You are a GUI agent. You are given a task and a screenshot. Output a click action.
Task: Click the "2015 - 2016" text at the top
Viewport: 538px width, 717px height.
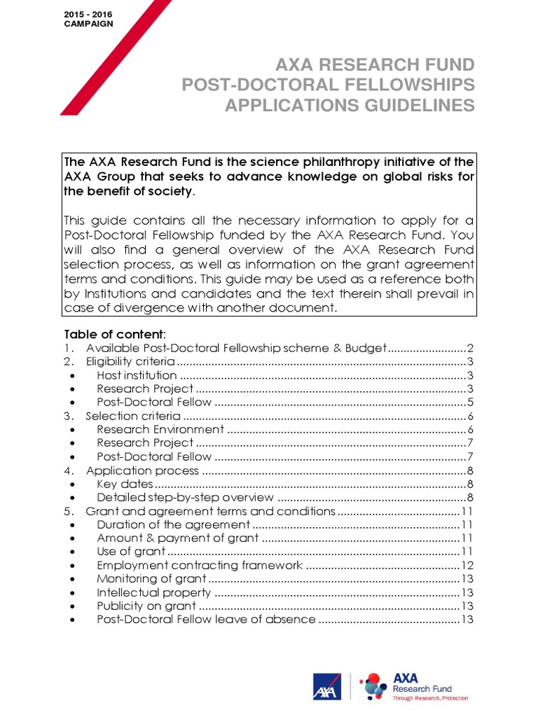click(x=88, y=14)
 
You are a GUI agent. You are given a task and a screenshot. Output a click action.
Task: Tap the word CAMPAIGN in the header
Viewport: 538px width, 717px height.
click(x=88, y=23)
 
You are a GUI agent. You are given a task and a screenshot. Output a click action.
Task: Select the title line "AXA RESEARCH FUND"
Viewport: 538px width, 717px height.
click(x=375, y=66)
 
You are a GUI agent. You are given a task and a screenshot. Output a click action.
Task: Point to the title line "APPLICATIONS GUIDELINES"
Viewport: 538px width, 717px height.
click(x=349, y=106)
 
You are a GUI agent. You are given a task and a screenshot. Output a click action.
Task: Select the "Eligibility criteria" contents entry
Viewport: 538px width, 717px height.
click(x=130, y=361)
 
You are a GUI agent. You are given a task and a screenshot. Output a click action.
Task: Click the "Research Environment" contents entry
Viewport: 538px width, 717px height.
click(x=160, y=429)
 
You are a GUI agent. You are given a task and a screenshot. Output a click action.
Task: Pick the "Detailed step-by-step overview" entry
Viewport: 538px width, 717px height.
click(x=185, y=497)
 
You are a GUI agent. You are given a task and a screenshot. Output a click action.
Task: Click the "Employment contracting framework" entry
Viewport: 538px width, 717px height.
click(x=200, y=565)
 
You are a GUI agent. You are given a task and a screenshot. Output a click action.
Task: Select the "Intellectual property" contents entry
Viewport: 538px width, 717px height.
click(x=152, y=592)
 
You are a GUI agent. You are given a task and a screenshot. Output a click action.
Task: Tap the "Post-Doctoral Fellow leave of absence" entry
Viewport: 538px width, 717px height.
click(x=206, y=620)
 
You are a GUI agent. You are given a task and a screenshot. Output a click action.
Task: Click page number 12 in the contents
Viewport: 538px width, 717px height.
click(x=468, y=565)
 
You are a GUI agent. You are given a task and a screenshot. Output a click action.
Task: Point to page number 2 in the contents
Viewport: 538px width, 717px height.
click(x=471, y=348)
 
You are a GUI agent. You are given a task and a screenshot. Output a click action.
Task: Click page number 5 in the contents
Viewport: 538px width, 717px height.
click(x=471, y=402)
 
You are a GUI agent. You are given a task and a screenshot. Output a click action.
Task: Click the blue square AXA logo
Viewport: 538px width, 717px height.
click(x=327, y=687)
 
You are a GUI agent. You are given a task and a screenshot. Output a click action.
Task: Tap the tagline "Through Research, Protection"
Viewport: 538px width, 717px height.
click(x=430, y=698)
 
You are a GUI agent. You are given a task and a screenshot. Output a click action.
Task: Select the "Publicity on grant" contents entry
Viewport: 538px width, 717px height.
click(x=146, y=606)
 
